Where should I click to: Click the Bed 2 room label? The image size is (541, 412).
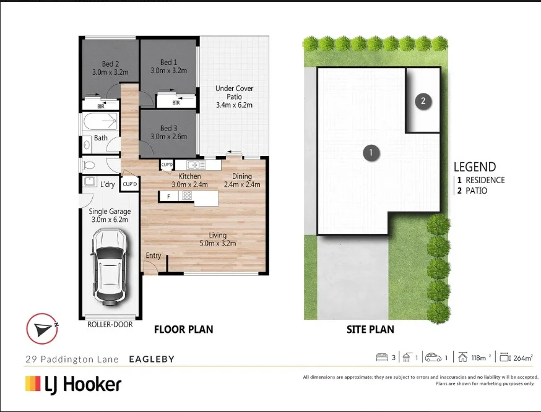coord(110,67)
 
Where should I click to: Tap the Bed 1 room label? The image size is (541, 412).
coord(168,66)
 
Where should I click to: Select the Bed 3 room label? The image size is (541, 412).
coord(168,132)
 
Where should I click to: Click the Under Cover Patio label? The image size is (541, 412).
coord(234,97)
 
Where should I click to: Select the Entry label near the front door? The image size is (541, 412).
coord(153,255)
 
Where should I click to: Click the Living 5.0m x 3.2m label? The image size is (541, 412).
coord(217,239)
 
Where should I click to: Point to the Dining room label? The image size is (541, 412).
coord(241,180)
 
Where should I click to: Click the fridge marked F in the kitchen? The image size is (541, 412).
coord(168,196)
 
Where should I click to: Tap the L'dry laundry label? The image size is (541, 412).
coord(108,184)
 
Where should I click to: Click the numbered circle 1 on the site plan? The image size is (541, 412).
coord(370,152)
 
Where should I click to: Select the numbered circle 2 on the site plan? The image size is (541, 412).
coord(423,101)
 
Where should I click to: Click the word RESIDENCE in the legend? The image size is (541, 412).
coord(485,180)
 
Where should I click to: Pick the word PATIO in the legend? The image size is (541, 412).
coord(477,191)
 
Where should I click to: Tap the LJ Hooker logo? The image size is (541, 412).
coord(73,385)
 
